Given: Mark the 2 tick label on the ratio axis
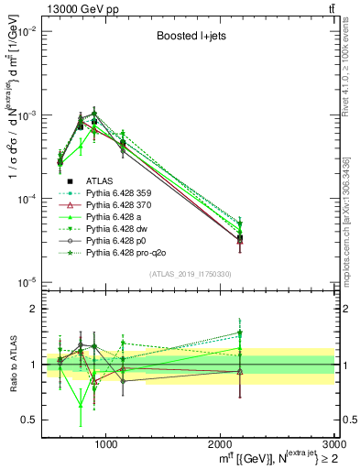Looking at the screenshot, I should [31, 310].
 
